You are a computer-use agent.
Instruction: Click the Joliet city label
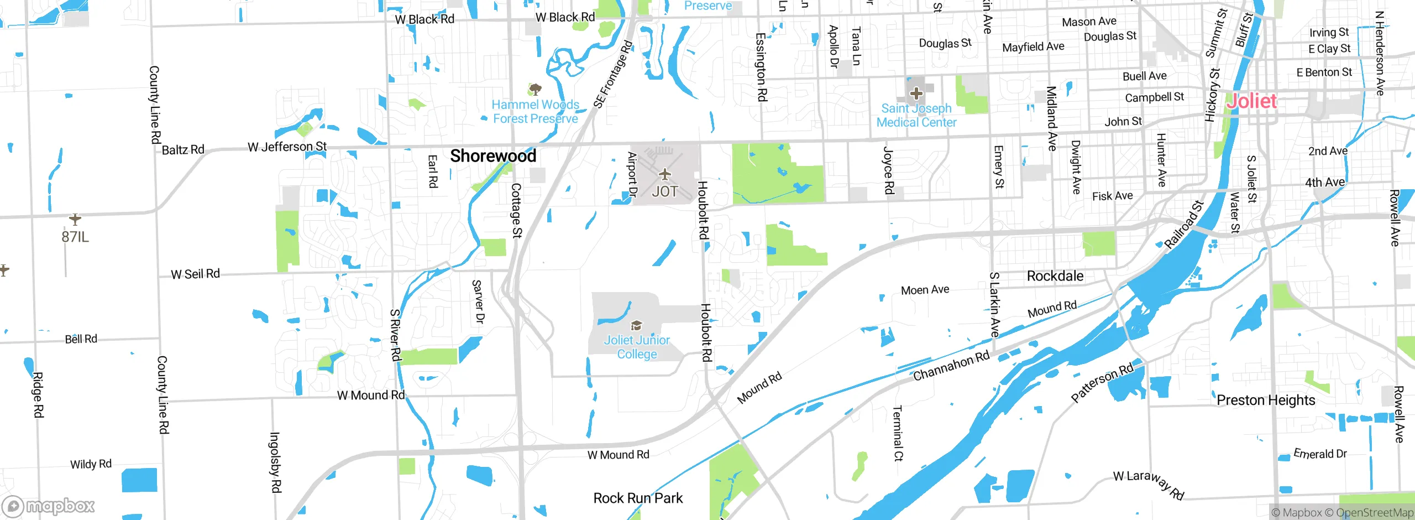[x=1251, y=101]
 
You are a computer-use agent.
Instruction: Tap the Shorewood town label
[x=493, y=156]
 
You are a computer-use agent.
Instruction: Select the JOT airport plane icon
[x=664, y=175]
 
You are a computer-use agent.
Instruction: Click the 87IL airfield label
[x=75, y=237]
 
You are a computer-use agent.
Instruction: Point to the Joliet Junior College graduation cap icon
[x=636, y=325]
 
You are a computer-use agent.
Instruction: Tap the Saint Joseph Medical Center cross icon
[x=916, y=93]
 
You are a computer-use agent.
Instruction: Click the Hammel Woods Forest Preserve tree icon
[x=534, y=89]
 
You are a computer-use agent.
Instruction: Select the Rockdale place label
[x=1055, y=276]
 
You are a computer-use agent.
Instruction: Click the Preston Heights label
[x=1266, y=400]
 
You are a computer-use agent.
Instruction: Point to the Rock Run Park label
[x=638, y=498]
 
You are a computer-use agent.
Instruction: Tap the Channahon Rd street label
[x=951, y=366]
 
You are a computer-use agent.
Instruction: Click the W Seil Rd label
[x=195, y=274]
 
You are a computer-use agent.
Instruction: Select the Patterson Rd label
[x=1102, y=382]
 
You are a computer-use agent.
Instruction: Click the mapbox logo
[x=49, y=506]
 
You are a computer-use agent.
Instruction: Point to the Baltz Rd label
[x=183, y=150]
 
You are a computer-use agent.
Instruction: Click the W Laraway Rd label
[x=1149, y=485]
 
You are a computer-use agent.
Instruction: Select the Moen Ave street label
[x=925, y=290]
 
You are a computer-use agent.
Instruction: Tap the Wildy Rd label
[x=91, y=464]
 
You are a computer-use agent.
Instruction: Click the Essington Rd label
[x=761, y=67]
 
